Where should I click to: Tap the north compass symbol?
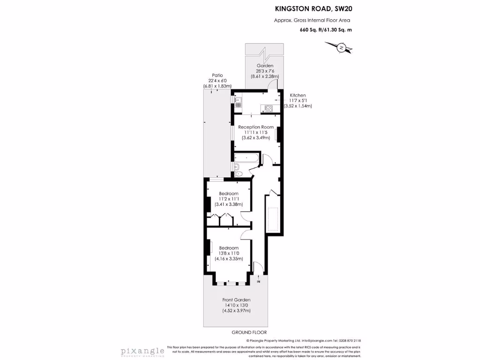(342, 47)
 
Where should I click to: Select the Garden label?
(265, 66)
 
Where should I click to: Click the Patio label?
(217, 75)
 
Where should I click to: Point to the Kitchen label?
(298, 95)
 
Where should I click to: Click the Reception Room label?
(255, 127)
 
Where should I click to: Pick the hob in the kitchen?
(270, 108)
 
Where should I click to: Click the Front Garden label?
(236, 300)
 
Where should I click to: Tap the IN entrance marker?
(258, 281)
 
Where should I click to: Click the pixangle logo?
(142, 351)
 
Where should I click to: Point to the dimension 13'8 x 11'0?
(229, 253)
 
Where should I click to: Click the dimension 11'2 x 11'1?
(229, 199)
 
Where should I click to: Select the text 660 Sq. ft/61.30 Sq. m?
(326, 30)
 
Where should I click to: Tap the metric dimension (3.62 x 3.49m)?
(255, 138)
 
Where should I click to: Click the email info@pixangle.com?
(317, 341)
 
